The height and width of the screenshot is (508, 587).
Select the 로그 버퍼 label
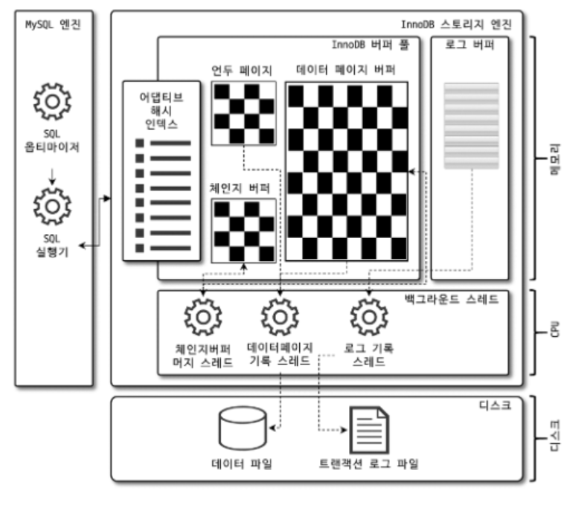pyautogui.click(x=469, y=45)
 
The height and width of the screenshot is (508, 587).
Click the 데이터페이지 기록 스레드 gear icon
pyautogui.click(x=279, y=317)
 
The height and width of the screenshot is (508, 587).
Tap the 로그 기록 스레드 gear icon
pyautogui.click(x=367, y=317)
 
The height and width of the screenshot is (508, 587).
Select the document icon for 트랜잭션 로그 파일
pyautogui.click(x=370, y=430)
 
